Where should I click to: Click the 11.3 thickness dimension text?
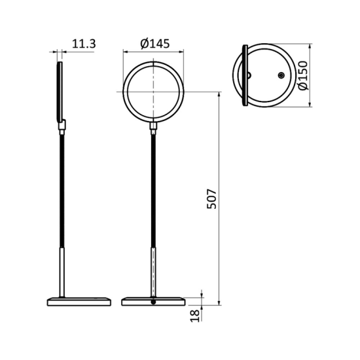tap(83, 44)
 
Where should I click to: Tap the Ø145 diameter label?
tap(154, 44)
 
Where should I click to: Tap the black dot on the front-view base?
tap(153, 302)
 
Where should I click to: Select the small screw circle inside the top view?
tap(281, 76)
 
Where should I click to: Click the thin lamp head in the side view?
tap(61, 92)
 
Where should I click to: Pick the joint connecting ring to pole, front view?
tap(153, 125)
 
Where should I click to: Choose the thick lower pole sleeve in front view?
tap(153, 271)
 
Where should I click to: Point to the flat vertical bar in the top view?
tap(245, 75)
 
